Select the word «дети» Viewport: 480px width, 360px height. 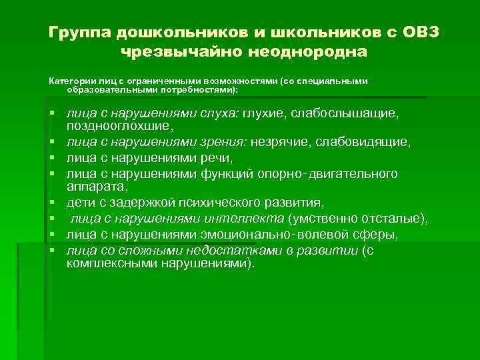point(79,203)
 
